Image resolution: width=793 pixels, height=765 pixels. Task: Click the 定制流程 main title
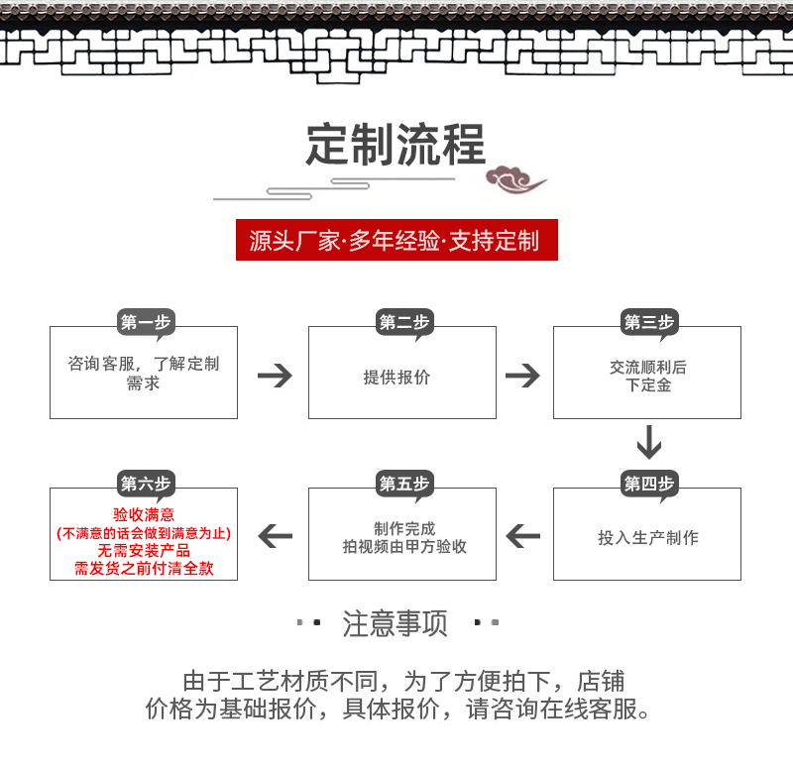[396, 146]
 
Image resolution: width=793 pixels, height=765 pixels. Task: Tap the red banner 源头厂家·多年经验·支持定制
[396, 241]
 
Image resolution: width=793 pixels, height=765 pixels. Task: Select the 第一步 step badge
[145, 322]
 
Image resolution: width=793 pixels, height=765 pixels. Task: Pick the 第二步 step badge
[404, 322]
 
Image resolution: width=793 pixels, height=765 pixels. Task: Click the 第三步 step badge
[648, 322]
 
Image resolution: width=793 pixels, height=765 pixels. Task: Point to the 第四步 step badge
[648, 484]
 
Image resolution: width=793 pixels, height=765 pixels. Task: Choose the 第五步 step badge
[404, 484]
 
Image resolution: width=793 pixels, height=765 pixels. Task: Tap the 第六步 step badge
[145, 484]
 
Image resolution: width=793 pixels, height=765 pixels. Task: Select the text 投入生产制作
[647, 538]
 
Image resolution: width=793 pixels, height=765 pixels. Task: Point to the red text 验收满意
[144, 514]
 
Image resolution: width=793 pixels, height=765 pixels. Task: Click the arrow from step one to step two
[275, 376]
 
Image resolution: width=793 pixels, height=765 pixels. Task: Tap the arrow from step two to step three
[522, 376]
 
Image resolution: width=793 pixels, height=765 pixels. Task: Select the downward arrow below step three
[648, 442]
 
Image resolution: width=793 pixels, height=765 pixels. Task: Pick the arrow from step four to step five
[523, 536]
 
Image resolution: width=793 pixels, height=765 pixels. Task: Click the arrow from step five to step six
[276, 536]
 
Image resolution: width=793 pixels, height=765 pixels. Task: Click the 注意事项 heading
[396, 624]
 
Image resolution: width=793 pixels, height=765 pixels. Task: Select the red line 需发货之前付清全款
[144, 569]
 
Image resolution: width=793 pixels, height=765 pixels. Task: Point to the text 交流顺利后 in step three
[648, 368]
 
